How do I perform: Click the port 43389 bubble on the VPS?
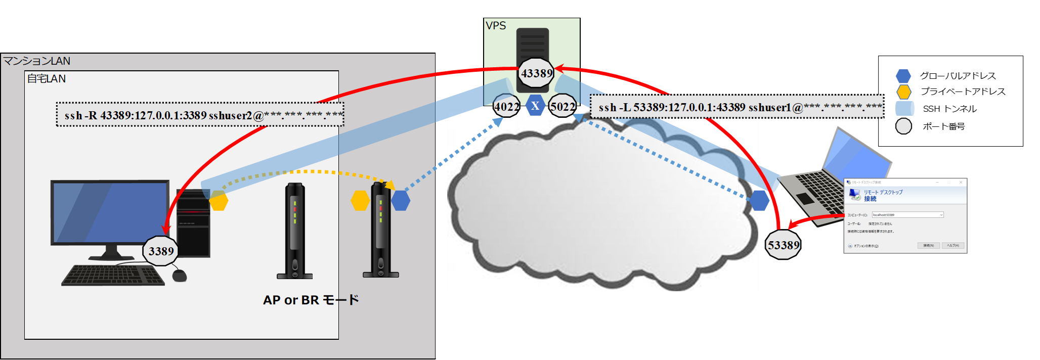tap(537, 73)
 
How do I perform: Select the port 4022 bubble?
tap(506, 107)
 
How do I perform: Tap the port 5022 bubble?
tap(562, 107)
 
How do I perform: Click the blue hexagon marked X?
tap(535, 106)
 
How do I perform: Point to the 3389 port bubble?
tap(161, 251)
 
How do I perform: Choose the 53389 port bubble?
tap(784, 245)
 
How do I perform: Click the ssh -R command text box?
tap(200, 115)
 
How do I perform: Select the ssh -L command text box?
tap(737, 107)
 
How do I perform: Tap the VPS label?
tap(496, 26)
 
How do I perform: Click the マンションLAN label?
tap(37, 61)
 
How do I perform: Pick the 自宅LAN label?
tap(46, 79)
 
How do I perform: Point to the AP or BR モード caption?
tap(311, 300)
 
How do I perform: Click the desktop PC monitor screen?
tap(110, 212)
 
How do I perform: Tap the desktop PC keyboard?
tap(112, 276)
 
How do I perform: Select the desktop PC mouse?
tap(180, 275)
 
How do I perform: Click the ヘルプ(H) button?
tap(952, 246)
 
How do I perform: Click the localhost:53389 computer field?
tap(907, 215)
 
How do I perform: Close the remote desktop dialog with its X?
tap(961, 182)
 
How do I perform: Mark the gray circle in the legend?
tap(903, 126)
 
